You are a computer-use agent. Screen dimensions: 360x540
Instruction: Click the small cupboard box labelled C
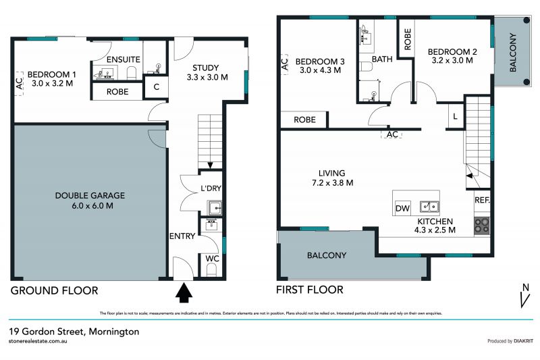tap(156, 86)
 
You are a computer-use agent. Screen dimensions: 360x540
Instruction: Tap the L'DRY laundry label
tap(211, 190)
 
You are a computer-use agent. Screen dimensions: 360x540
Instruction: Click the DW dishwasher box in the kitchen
tap(403, 208)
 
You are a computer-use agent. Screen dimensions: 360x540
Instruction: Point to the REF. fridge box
tap(482, 201)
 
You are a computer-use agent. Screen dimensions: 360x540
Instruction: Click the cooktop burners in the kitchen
tap(482, 224)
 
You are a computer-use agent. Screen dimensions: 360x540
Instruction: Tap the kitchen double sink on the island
tap(429, 207)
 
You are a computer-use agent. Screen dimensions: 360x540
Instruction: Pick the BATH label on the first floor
tap(382, 59)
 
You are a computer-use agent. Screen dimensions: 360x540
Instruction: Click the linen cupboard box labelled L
tap(456, 116)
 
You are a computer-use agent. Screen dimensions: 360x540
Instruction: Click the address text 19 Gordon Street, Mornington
tap(74, 332)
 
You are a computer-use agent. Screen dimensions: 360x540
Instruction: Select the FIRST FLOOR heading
tap(310, 290)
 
